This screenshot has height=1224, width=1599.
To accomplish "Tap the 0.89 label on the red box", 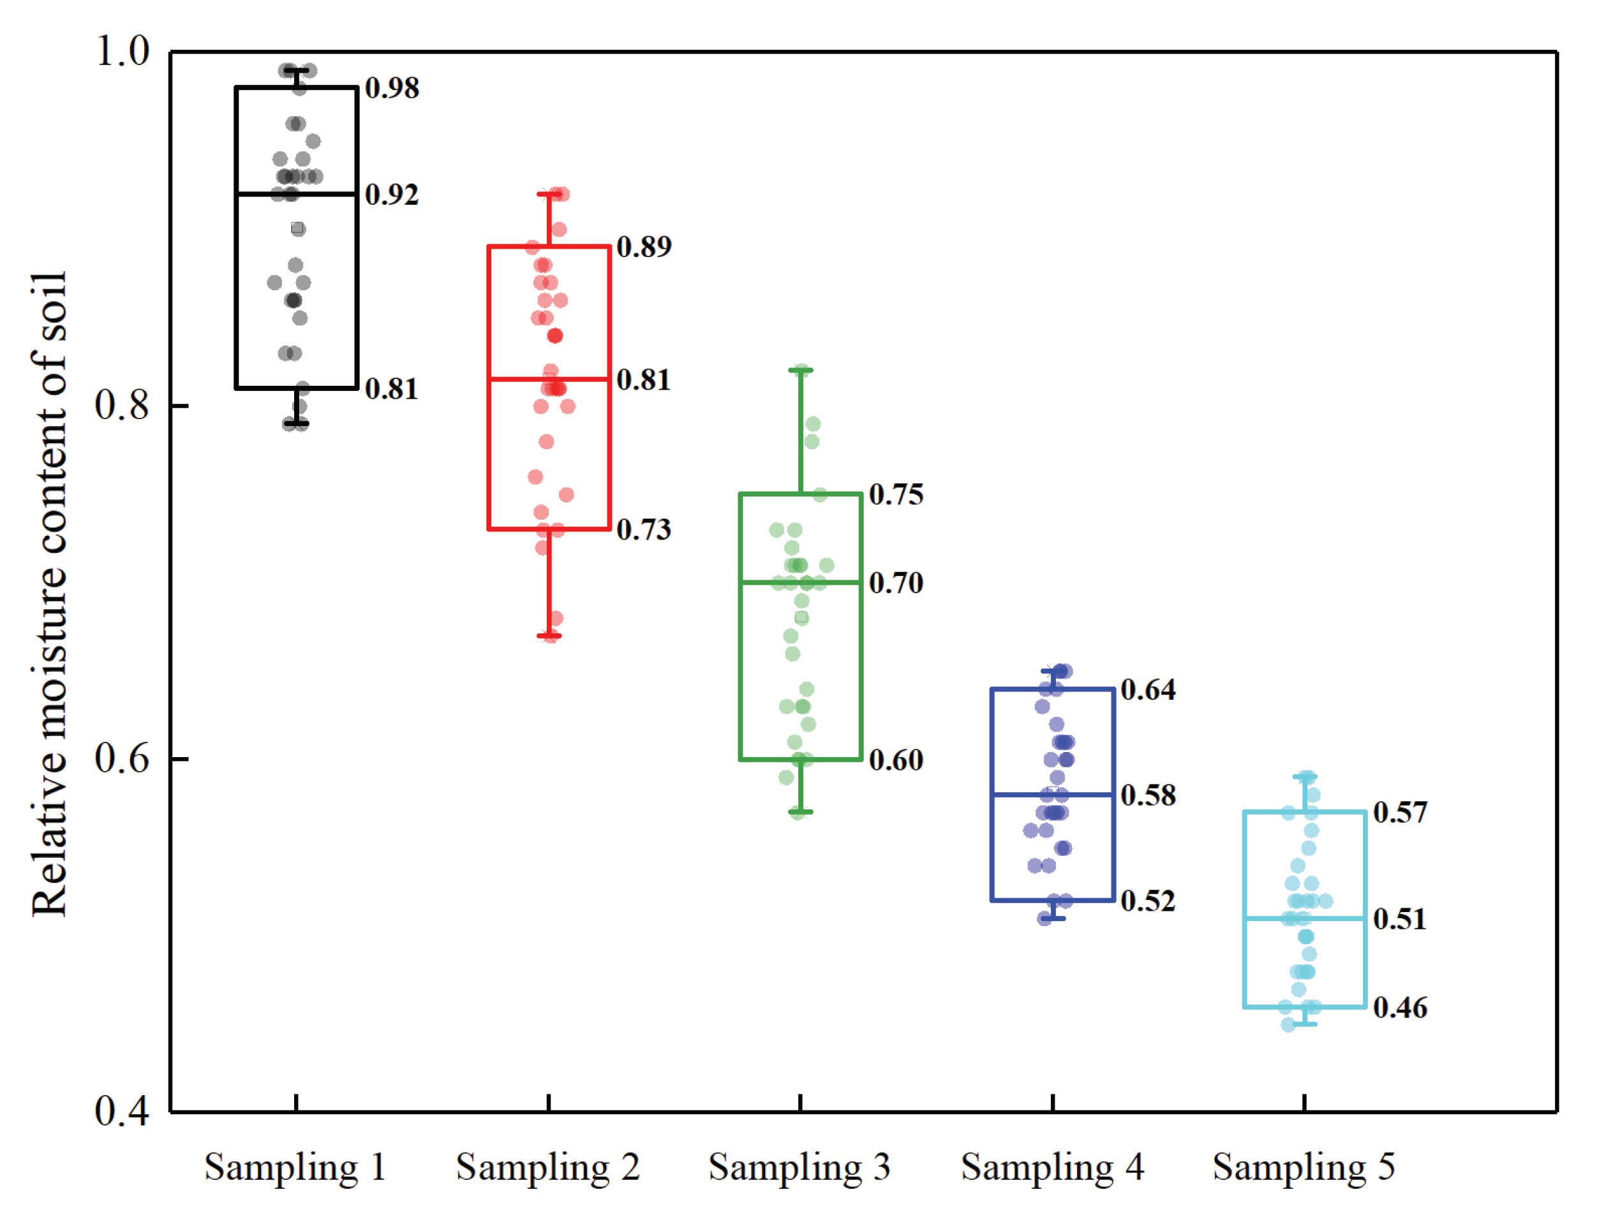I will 644,246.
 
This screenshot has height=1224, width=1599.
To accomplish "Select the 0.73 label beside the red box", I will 644,529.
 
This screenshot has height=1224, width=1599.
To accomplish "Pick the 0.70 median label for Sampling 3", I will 896,583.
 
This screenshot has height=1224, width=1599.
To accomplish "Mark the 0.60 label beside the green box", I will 896,760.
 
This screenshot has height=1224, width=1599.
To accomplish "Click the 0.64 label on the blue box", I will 1148,689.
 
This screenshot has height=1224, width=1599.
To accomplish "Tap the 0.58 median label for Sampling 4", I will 1148,795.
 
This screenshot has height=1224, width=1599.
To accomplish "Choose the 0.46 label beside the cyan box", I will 1400,1008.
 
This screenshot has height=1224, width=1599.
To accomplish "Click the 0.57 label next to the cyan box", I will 1400,813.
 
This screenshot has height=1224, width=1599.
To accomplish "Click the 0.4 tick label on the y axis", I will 122,1112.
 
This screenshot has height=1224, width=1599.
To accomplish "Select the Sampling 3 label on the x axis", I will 799,1167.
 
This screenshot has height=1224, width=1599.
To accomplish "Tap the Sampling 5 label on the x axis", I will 1304,1167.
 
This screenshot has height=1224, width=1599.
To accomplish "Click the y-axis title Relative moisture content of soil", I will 50,594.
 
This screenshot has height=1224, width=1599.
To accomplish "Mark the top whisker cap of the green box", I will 800,371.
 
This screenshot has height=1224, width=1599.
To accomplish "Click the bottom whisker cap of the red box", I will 549,636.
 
